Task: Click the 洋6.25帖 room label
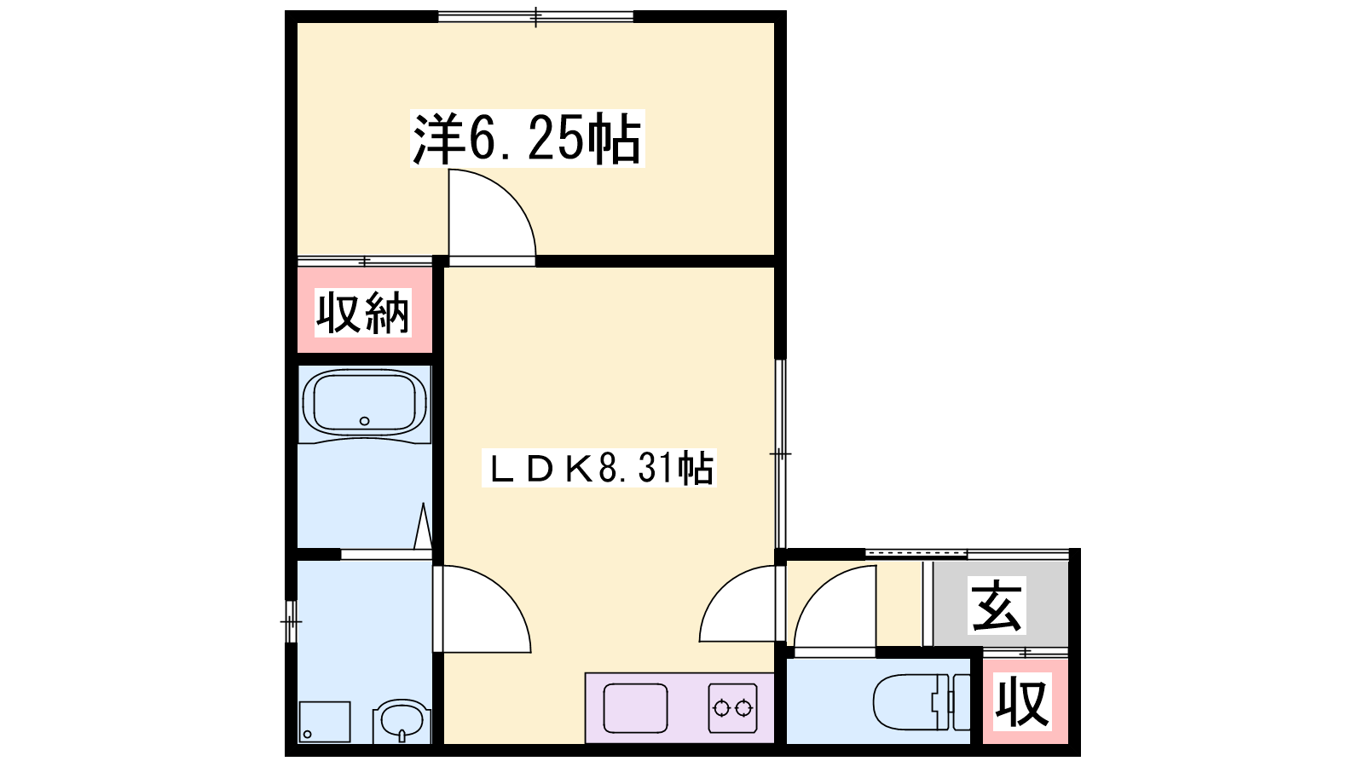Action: tap(528, 138)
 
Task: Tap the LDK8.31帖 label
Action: tap(599, 468)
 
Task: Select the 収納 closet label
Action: tap(363, 313)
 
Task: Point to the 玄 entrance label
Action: tap(997, 606)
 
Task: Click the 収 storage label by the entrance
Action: tap(1022, 702)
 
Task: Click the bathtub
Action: tap(364, 404)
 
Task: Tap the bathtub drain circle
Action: tap(364, 421)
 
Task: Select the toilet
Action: tap(922, 701)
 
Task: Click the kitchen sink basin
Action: tap(635, 708)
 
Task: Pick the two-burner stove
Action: tap(732, 708)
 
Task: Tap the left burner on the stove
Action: tap(721, 708)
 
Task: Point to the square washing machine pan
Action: tap(325, 722)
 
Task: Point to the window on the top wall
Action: tap(536, 16)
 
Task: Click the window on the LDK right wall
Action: tap(780, 453)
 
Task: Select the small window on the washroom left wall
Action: tap(291, 621)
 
